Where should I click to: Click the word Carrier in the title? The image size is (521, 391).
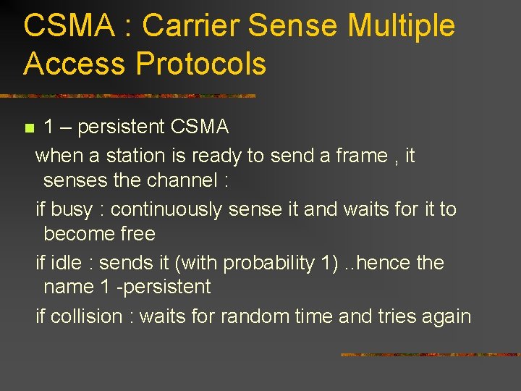(x=190, y=26)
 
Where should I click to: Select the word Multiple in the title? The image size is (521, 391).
(x=401, y=26)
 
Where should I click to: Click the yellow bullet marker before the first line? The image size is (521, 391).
(x=29, y=129)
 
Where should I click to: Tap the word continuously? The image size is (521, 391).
(x=167, y=209)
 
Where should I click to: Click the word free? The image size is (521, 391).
(x=139, y=234)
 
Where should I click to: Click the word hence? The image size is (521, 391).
(x=384, y=263)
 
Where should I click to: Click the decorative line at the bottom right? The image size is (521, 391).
(x=430, y=355)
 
